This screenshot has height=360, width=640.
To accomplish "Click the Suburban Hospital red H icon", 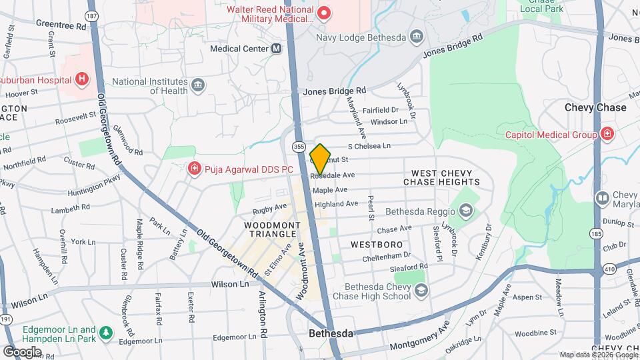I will [x=81, y=80].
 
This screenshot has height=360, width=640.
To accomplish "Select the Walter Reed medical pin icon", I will [x=324, y=13].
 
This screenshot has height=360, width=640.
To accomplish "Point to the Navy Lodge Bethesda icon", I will [x=417, y=36].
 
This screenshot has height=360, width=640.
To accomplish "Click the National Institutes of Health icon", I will [x=198, y=85].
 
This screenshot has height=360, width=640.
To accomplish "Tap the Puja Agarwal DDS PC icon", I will [x=195, y=169].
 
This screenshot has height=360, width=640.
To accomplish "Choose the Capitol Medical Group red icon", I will [x=607, y=135].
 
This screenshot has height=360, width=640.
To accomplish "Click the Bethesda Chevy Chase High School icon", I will [x=421, y=290].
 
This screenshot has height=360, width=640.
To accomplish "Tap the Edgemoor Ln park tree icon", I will [x=105, y=331].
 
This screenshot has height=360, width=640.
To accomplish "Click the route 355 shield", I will [x=299, y=146].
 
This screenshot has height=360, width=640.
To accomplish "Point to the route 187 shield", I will [x=92, y=15].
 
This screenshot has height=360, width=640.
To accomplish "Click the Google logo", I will [x=21, y=351].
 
